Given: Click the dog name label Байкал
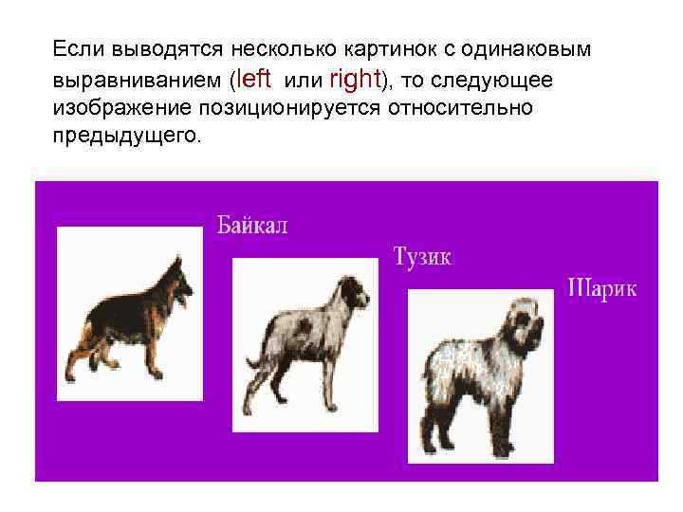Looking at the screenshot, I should coord(251,227).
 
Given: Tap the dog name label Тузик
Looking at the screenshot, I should coord(422,256).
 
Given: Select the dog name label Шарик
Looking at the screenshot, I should coord(602,287).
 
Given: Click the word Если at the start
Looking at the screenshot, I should coord(79,48).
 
